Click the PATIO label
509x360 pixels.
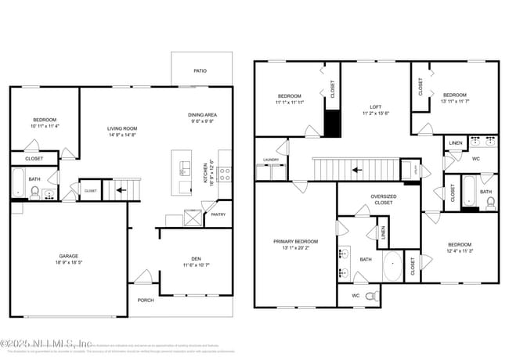[x=201, y=71]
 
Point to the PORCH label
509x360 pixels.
[x=146, y=300]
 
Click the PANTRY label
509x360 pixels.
[x=218, y=214]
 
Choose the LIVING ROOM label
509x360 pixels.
[x=122, y=128]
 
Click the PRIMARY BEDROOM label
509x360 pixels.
[x=295, y=242]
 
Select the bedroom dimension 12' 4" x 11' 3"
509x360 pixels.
[x=460, y=251]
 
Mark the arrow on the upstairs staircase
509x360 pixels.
[x=356, y=168]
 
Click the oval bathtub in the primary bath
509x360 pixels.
[x=392, y=267]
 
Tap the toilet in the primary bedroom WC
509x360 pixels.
[x=374, y=296]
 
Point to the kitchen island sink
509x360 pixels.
[x=186, y=171]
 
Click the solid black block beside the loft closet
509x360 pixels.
[x=333, y=123]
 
